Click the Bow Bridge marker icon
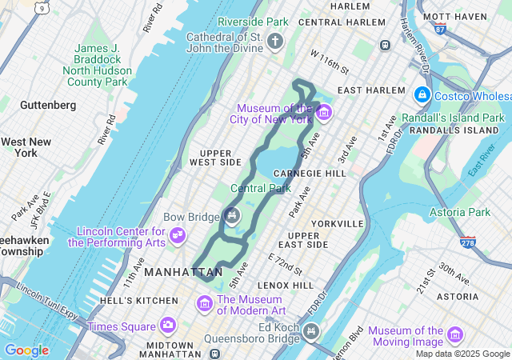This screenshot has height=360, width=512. (232, 214)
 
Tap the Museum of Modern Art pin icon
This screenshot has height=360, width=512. (204, 304)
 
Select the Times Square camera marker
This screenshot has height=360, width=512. (167, 325)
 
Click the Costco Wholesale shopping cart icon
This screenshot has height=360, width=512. (421, 95)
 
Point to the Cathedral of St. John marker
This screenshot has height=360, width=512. (276, 41)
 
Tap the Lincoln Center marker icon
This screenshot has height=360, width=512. (178, 235)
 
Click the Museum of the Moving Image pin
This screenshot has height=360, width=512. (455, 334)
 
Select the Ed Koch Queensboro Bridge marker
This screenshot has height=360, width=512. (310, 330)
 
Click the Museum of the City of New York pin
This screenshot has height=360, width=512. (323, 112)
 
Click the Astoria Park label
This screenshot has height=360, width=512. (460, 212)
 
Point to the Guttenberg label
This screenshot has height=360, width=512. (48, 105)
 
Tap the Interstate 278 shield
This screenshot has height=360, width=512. (467, 241)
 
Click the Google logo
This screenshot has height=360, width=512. (26, 350)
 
